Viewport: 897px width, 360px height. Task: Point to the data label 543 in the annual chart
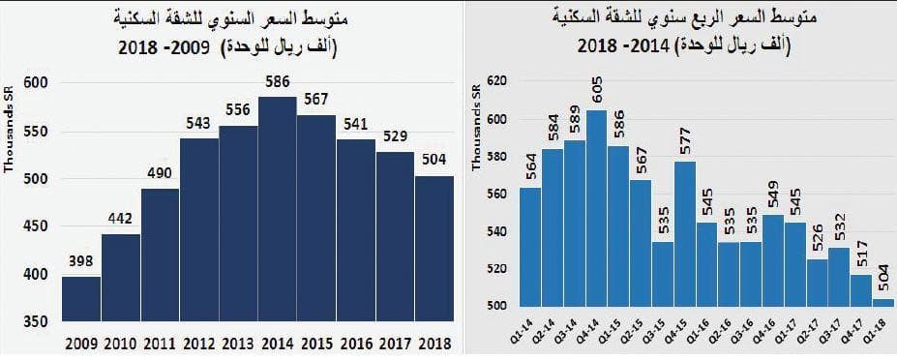pyautogui.click(x=199, y=125)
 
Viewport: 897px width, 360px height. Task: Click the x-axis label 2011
pyautogui.click(x=160, y=345)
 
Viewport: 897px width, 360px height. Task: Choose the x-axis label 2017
pyautogui.click(x=395, y=345)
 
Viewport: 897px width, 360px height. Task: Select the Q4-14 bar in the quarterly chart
pyautogui.click(x=596, y=208)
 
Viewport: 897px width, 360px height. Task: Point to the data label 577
pyautogui.click(x=685, y=141)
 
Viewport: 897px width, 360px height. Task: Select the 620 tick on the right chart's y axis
pyautogui.click(x=493, y=83)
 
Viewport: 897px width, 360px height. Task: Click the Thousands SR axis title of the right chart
pyautogui.click(x=476, y=127)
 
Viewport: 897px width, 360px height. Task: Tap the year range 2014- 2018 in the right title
pyautogui.click(x=627, y=45)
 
